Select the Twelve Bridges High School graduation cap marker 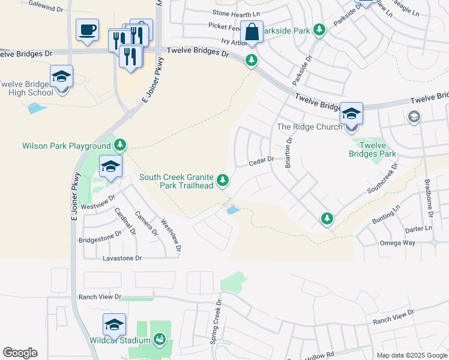(x=61, y=77)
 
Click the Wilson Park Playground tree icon (x=120, y=145)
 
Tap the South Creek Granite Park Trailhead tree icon (x=223, y=179)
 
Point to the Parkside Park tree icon (x=321, y=29)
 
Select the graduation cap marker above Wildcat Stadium (x=114, y=325)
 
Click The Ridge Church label (x=309, y=127)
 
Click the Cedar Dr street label (x=262, y=160)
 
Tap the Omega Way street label (x=397, y=243)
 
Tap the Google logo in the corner (x=20, y=353)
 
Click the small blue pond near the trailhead (x=232, y=210)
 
